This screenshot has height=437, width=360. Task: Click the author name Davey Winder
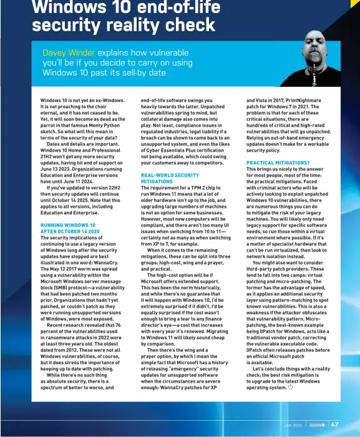pos(69,53)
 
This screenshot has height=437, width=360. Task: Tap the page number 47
pos(335,425)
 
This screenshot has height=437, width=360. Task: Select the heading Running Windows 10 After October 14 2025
pos(69,228)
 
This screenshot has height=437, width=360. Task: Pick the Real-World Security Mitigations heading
pos(170,179)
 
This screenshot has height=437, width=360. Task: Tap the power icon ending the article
pos(291,388)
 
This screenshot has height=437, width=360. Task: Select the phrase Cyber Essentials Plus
pos(177,150)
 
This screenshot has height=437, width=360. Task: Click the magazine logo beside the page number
pos(316,425)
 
